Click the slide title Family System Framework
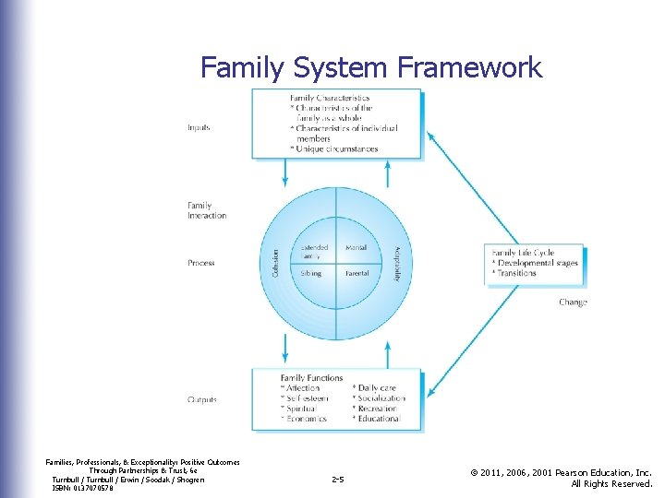(x=371, y=67)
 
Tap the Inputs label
(x=199, y=127)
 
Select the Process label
(x=201, y=263)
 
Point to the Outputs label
(x=202, y=399)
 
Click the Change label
(x=573, y=302)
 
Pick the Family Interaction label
(x=207, y=210)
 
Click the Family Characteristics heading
(x=330, y=98)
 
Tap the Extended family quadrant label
(x=314, y=251)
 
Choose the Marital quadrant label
(x=356, y=248)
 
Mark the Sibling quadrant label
(x=311, y=274)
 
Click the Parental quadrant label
(x=357, y=274)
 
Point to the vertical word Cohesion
(x=275, y=263)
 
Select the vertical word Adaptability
(x=397, y=263)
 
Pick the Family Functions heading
(x=312, y=378)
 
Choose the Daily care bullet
(x=376, y=388)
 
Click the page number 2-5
(x=337, y=480)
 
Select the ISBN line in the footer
(x=83, y=488)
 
